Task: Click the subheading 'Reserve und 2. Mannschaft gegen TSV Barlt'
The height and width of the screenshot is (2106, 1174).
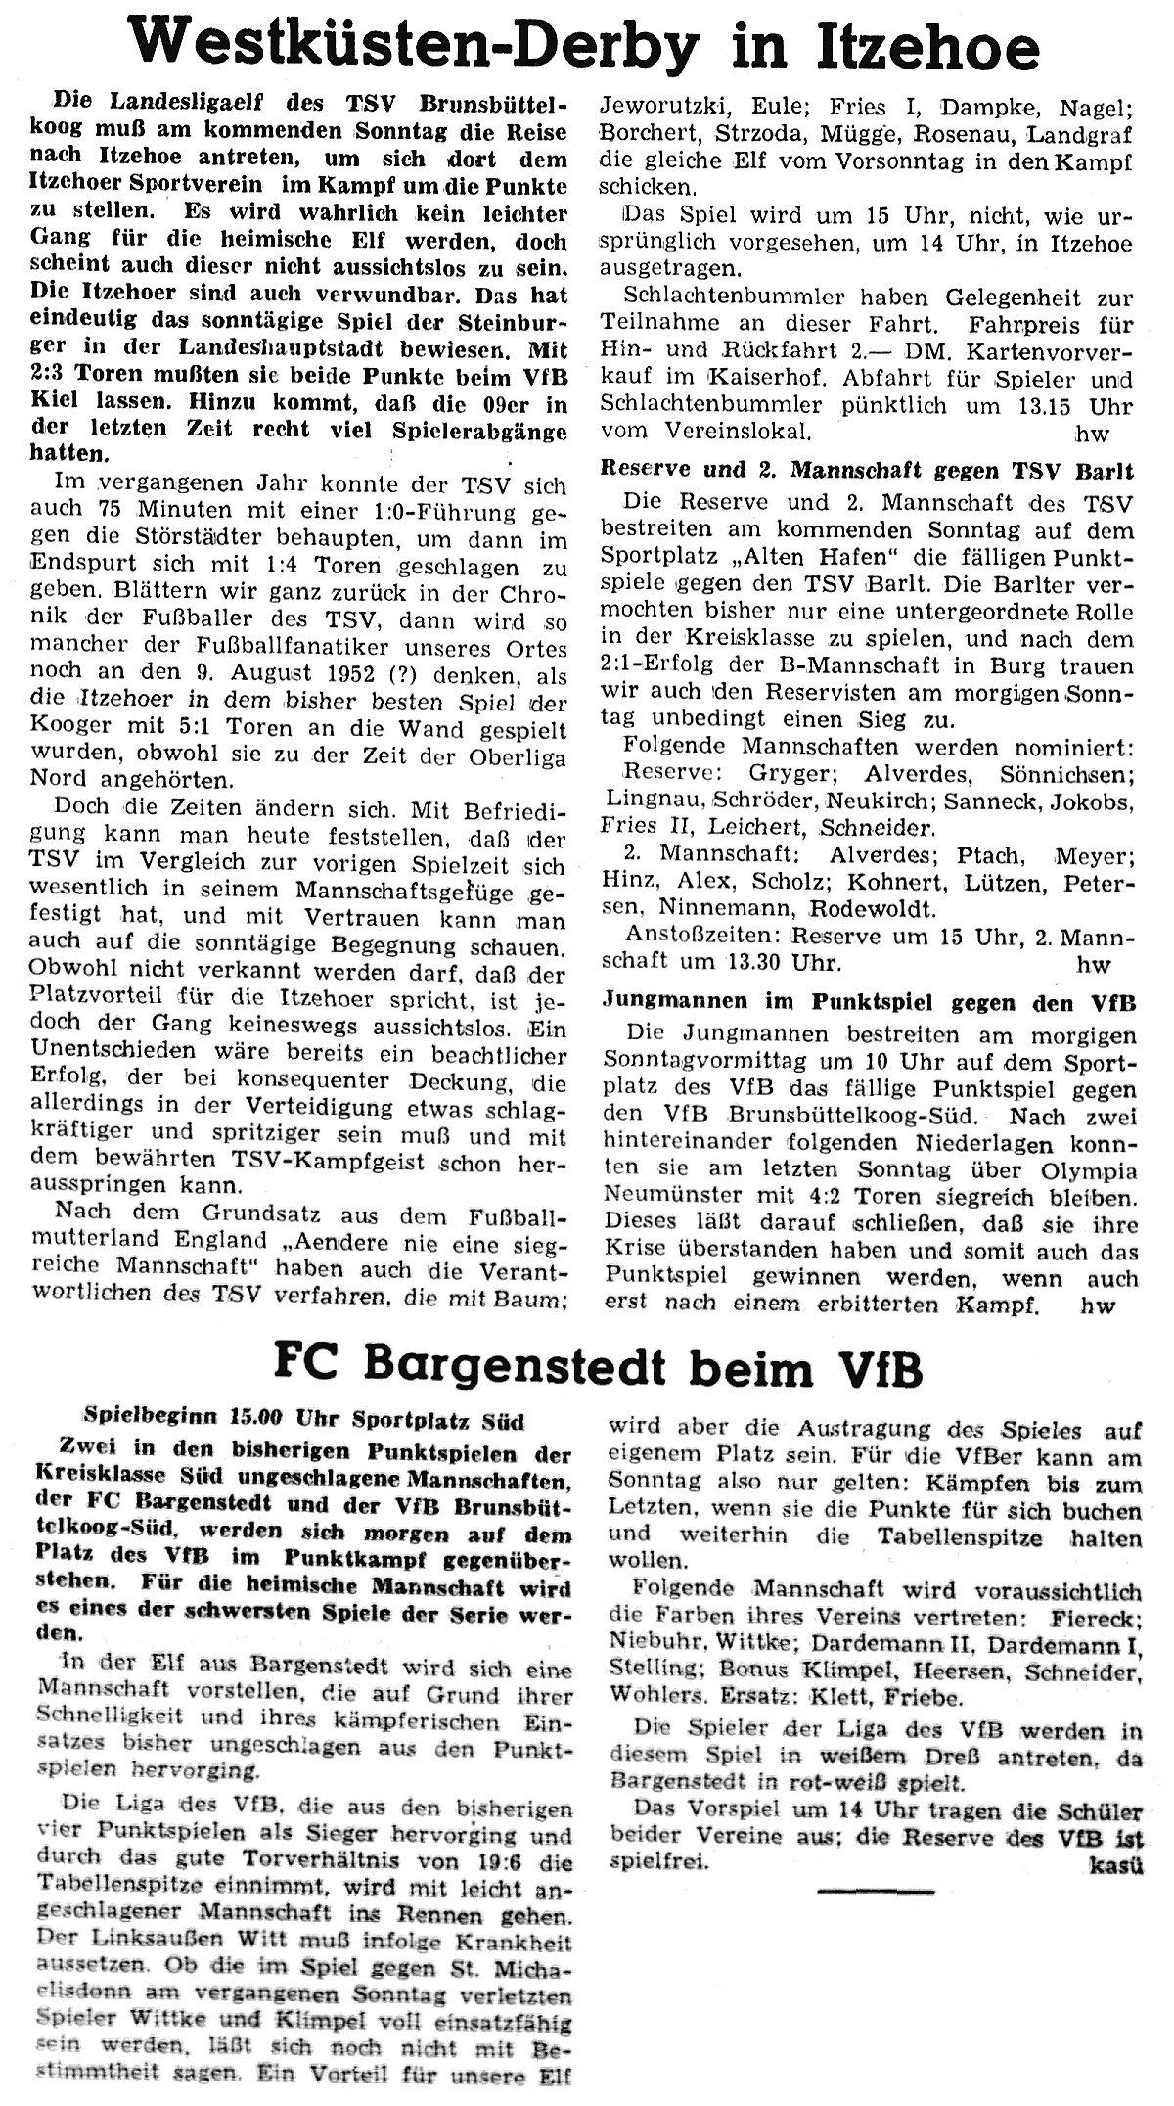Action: [x=867, y=471]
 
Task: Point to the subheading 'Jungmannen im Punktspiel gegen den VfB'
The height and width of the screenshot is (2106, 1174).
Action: [x=868, y=1001]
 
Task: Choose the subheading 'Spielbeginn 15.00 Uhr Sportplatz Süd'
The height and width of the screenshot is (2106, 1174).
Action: [x=303, y=1421]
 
